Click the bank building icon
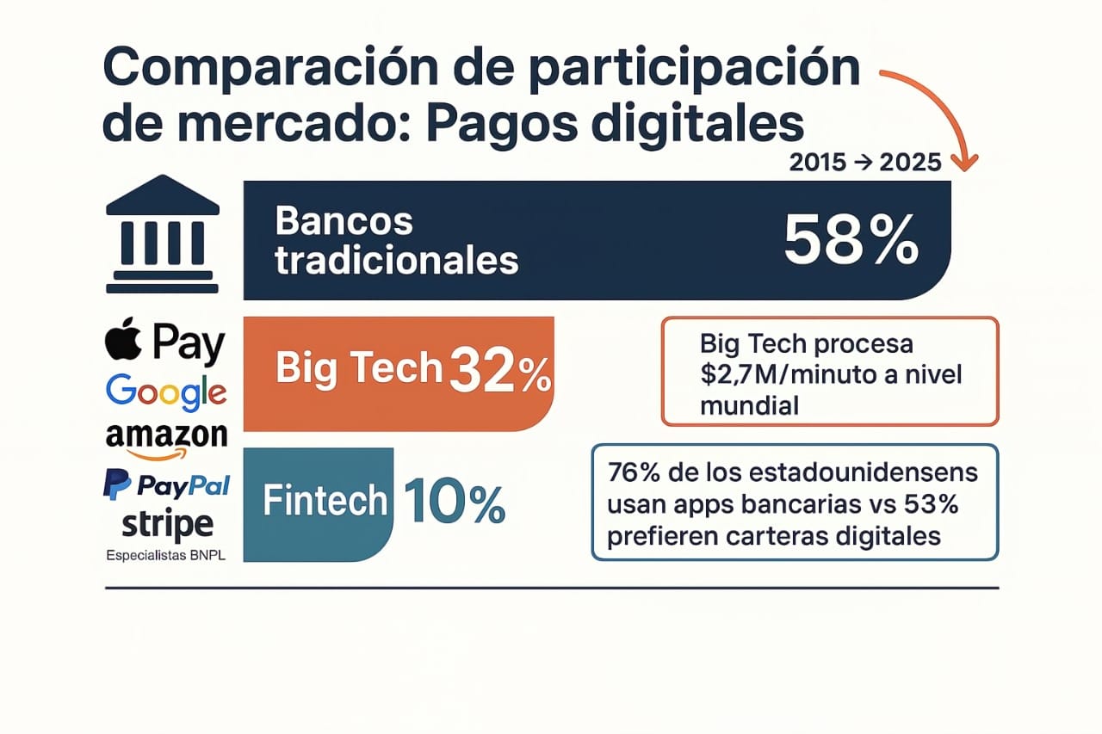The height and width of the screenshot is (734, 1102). tap(163, 234)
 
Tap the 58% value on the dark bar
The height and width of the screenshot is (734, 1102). tap(851, 241)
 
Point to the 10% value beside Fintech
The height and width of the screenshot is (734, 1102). tap(454, 502)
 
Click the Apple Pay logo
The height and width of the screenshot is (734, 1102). tap(164, 342)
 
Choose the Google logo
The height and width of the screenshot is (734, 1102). tap(166, 392)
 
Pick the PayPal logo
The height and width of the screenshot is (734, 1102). tap(166, 484)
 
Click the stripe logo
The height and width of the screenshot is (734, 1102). tap(167, 525)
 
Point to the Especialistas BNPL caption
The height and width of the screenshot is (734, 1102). tap(166, 556)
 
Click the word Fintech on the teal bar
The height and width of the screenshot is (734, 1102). tap(325, 501)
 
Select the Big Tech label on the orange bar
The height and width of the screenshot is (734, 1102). tap(359, 367)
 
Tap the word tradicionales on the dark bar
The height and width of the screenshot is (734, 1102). tap(397, 260)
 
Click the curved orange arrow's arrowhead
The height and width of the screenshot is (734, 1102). tap(964, 163)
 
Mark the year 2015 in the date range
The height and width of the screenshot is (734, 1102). tap(818, 163)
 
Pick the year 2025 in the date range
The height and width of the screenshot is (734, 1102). tap(910, 163)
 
